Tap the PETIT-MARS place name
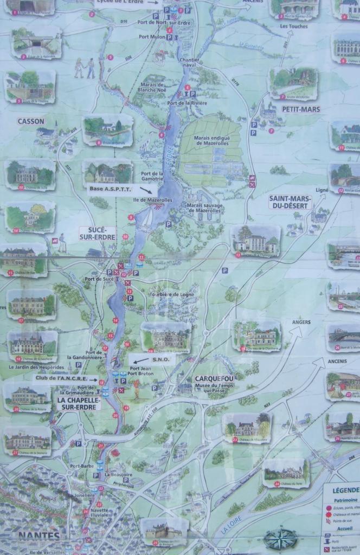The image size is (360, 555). pos(301,109)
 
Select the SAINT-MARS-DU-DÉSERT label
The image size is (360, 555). pos(290,202)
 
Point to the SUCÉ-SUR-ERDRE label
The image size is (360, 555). pos(97,233)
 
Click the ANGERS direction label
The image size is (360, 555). pos(301,322)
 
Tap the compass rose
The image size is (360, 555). pos(280,539)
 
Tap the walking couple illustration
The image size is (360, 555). pos(84,68)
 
